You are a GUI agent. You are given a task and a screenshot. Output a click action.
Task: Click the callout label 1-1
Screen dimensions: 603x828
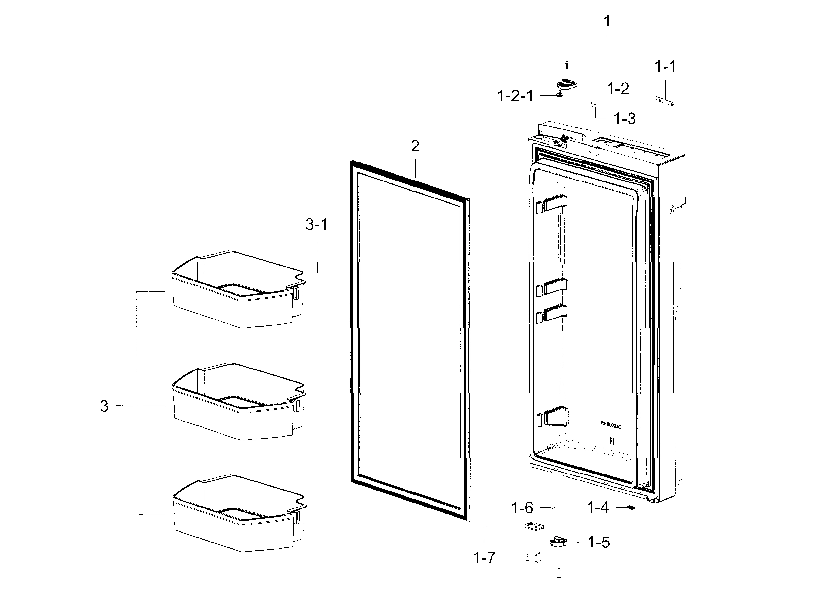pos(665,67)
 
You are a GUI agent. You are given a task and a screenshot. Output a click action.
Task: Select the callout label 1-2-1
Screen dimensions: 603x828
pos(515,96)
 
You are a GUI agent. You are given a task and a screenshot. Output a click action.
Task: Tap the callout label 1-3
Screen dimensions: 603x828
pos(625,119)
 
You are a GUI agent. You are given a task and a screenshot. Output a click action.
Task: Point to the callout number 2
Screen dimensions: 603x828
pos(415,146)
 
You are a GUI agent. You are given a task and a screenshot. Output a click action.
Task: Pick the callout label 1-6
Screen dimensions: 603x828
pos(522,508)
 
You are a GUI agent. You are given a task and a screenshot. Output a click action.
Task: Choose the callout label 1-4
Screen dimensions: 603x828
pos(598,508)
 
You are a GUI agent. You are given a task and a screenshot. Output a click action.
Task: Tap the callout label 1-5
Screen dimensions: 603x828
pos(599,543)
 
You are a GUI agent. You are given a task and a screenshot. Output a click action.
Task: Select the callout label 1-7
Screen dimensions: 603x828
pos(484,558)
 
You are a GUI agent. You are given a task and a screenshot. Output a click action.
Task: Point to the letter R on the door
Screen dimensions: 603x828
pos(612,442)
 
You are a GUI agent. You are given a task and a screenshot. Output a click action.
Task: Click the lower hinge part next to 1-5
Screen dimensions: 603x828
pos(558,541)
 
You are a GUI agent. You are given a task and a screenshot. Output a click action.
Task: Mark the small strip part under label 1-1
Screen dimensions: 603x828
pos(665,101)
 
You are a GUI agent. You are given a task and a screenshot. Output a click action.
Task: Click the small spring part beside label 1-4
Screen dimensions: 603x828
pos(631,508)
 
